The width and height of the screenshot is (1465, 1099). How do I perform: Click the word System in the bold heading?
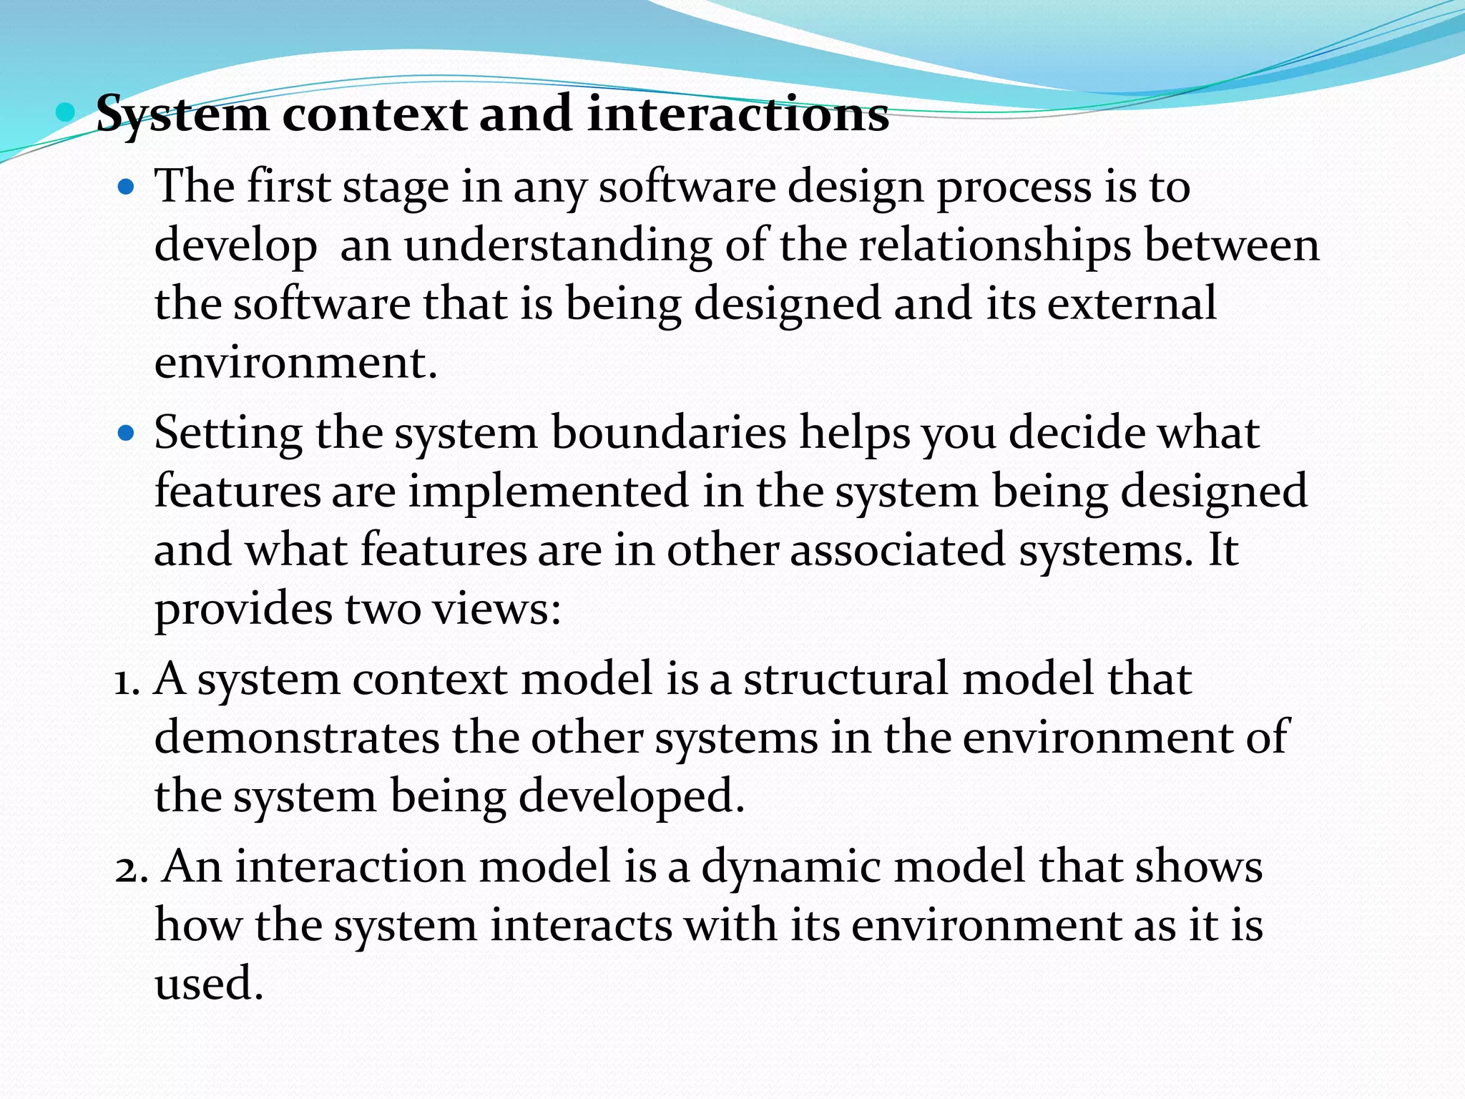[x=182, y=114]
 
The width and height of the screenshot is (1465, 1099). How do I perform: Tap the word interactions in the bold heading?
[x=738, y=114]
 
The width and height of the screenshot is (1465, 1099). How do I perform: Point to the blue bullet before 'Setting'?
[x=126, y=434]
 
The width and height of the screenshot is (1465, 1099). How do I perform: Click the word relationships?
[x=995, y=245]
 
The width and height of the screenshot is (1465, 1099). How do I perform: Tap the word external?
[x=1132, y=303]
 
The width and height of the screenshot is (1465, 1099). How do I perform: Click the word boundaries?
[x=668, y=434]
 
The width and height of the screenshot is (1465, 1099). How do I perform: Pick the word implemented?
[x=548, y=492]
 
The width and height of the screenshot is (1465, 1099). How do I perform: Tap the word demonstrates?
[x=296, y=738]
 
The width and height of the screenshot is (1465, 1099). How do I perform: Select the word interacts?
[x=581, y=926]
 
